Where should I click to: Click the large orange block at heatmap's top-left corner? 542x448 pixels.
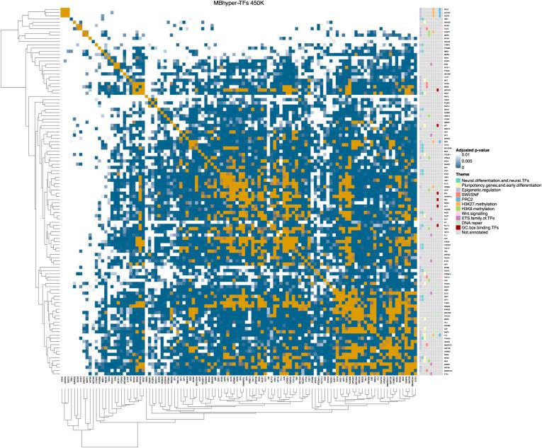65,12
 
